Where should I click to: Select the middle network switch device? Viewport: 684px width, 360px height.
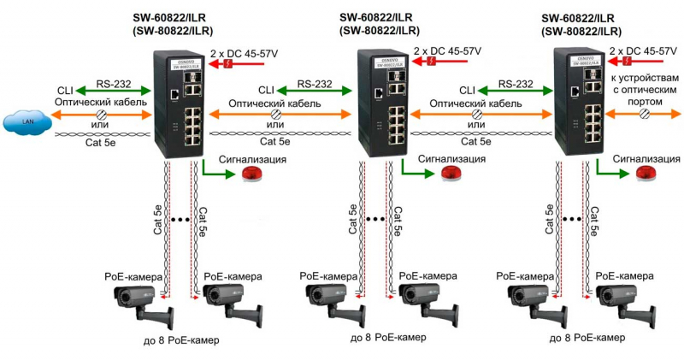380,103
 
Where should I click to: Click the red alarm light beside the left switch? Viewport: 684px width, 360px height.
252,174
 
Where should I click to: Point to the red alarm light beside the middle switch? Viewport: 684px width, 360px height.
451,173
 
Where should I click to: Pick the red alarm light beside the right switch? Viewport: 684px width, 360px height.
646,174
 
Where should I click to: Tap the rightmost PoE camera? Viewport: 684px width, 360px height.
619,303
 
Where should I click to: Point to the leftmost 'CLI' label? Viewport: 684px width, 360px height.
65,90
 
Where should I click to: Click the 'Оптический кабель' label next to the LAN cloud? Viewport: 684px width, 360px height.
97,103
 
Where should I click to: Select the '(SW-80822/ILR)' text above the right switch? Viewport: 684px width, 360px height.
581,31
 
